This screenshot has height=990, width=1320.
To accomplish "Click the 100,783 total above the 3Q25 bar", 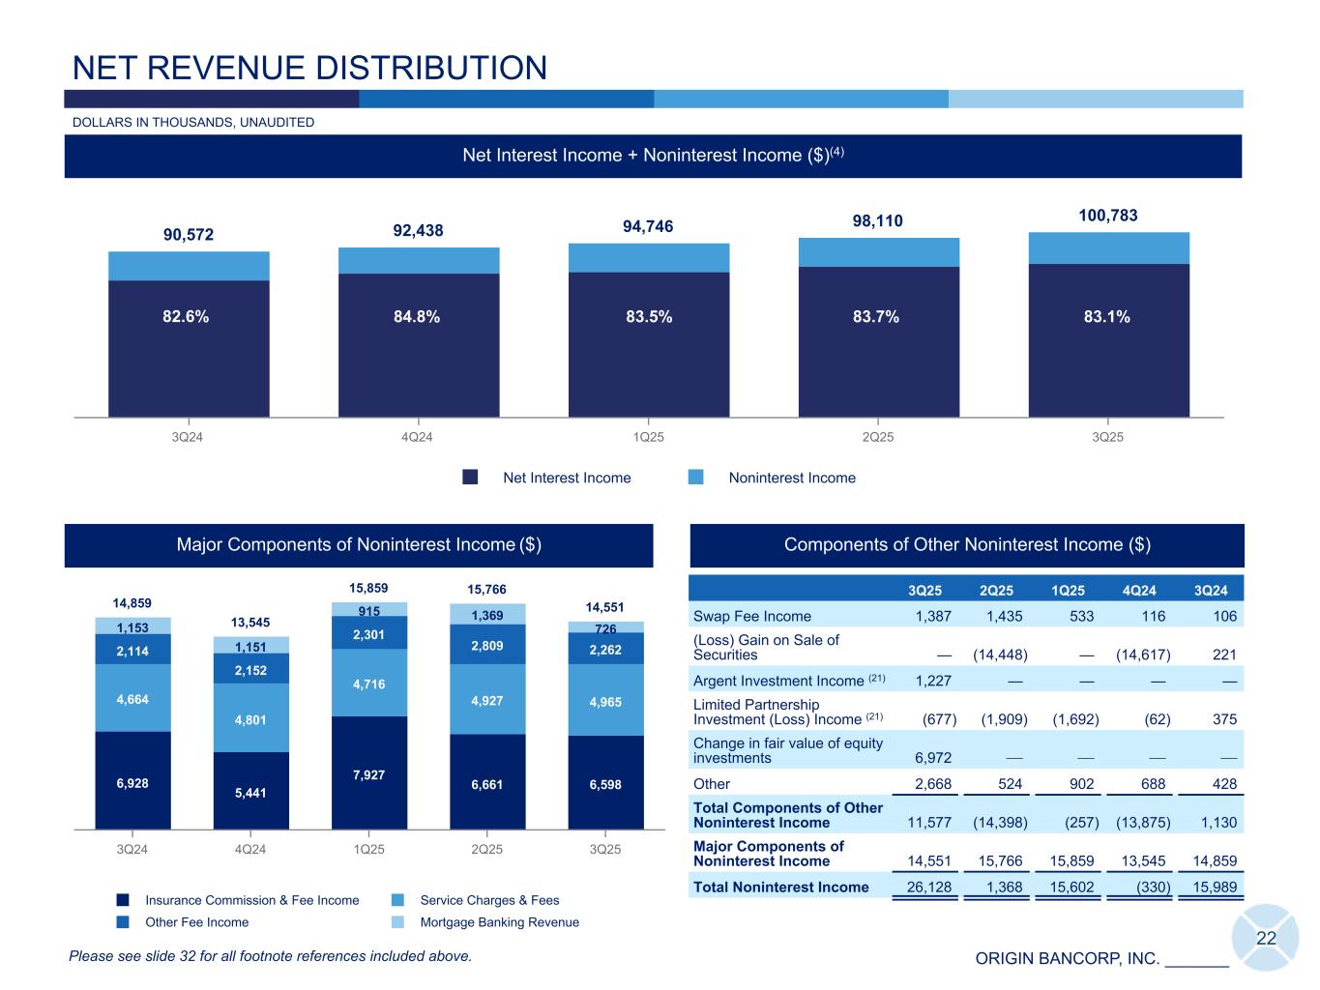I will coord(1108,215).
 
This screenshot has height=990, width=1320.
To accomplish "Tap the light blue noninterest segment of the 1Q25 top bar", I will coord(648,257).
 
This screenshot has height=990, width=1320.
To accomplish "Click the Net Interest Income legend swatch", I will coord(471,478).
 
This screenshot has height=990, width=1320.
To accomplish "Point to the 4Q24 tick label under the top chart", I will coord(417,437).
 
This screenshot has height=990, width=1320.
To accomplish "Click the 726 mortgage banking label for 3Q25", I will coord(605,629).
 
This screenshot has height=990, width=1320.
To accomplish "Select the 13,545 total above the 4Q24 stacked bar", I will coord(250,622).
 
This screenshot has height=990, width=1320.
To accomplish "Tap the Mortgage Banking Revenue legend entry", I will coord(499,922).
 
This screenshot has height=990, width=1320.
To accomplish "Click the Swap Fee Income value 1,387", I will coord(933,616).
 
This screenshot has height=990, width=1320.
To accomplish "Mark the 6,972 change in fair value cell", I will coord(933,758).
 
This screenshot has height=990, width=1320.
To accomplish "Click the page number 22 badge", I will coord(1266,938).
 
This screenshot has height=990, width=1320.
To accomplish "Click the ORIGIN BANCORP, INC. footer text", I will coord(1067,958).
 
